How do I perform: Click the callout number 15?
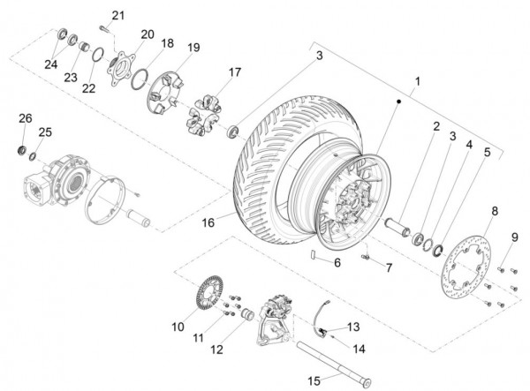[314, 381]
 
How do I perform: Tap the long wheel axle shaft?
[334, 364]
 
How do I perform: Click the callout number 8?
[495, 211]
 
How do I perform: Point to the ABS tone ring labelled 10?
[210, 291]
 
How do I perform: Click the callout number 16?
[208, 222]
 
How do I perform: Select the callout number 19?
[193, 48]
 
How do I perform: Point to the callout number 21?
[118, 16]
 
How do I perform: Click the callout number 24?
[51, 64]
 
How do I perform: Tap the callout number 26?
[26, 118]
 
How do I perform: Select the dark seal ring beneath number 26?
[22, 150]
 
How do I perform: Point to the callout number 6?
[337, 262]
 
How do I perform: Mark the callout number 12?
[217, 350]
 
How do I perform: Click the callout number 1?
[418, 81]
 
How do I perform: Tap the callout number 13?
[353, 327]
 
